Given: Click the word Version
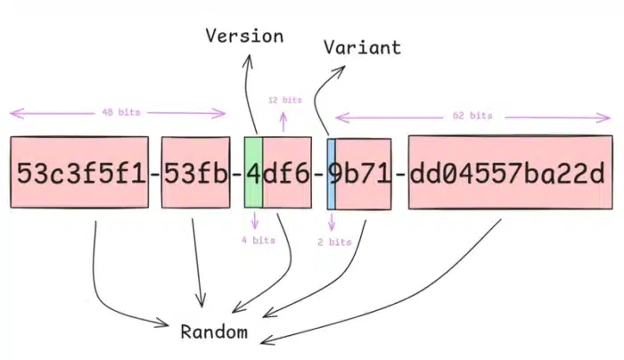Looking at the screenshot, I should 244,37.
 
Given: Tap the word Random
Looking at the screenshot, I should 213,332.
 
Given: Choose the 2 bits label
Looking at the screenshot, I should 333,241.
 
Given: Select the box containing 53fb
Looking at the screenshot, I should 195,172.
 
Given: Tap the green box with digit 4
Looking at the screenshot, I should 252,172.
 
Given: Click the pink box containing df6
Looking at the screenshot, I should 287,172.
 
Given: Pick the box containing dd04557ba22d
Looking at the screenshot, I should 510,172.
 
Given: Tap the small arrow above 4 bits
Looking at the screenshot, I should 256,220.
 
